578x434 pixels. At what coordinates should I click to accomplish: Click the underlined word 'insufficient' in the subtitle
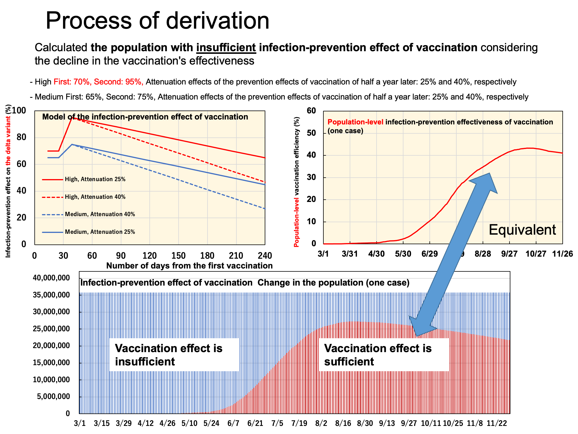[x=226, y=47]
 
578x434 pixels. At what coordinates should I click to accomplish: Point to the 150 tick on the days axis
[x=178, y=256]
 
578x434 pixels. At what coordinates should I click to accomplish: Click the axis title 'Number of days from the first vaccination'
[x=189, y=266]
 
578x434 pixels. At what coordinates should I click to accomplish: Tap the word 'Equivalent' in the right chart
[x=522, y=230]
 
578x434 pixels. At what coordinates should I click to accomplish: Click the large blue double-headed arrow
[x=454, y=255]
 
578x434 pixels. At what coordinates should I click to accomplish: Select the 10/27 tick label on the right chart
[x=536, y=254]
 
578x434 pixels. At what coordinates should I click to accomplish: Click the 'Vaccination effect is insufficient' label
[x=169, y=355]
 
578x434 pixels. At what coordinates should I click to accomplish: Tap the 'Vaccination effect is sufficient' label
[x=378, y=355]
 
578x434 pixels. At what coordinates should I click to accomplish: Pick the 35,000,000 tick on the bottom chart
[x=51, y=295]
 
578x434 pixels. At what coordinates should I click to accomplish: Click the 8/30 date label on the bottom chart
[x=365, y=423]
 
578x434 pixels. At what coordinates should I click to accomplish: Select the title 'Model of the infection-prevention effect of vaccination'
[x=145, y=117]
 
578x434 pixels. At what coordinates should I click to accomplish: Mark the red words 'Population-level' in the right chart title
[x=355, y=122]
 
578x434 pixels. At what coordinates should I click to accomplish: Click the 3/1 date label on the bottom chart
[x=80, y=423]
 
